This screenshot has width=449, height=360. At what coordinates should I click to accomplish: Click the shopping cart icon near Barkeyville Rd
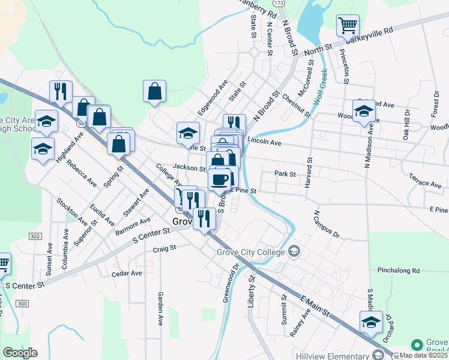point(348,26)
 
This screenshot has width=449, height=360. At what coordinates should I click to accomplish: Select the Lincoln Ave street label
point(264,143)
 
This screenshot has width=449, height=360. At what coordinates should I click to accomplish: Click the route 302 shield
point(35,236)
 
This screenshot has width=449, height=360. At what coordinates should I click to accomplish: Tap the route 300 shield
point(23,304)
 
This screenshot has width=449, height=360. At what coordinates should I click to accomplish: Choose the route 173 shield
point(286,3)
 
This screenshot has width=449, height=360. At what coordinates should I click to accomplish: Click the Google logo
point(19,353)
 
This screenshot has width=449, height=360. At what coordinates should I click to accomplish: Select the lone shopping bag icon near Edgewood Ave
point(155,91)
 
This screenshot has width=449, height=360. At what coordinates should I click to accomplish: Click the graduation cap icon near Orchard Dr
point(371,322)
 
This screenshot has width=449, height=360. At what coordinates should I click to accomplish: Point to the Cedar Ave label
point(127,273)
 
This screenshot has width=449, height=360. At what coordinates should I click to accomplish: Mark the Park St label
point(285,174)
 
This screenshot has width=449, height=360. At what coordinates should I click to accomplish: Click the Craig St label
point(164,248)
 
